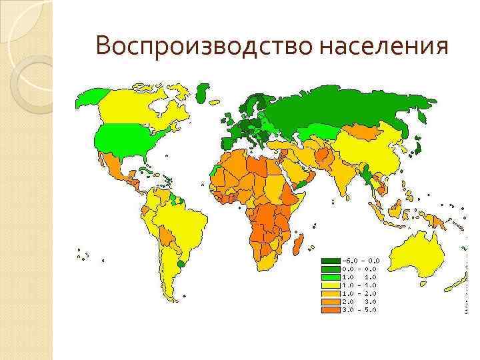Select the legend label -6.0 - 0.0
click(361, 260)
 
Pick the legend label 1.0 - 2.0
click(361, 293)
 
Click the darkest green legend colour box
click(330, 260)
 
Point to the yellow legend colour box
click(330, 285)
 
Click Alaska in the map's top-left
click(90, 99)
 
